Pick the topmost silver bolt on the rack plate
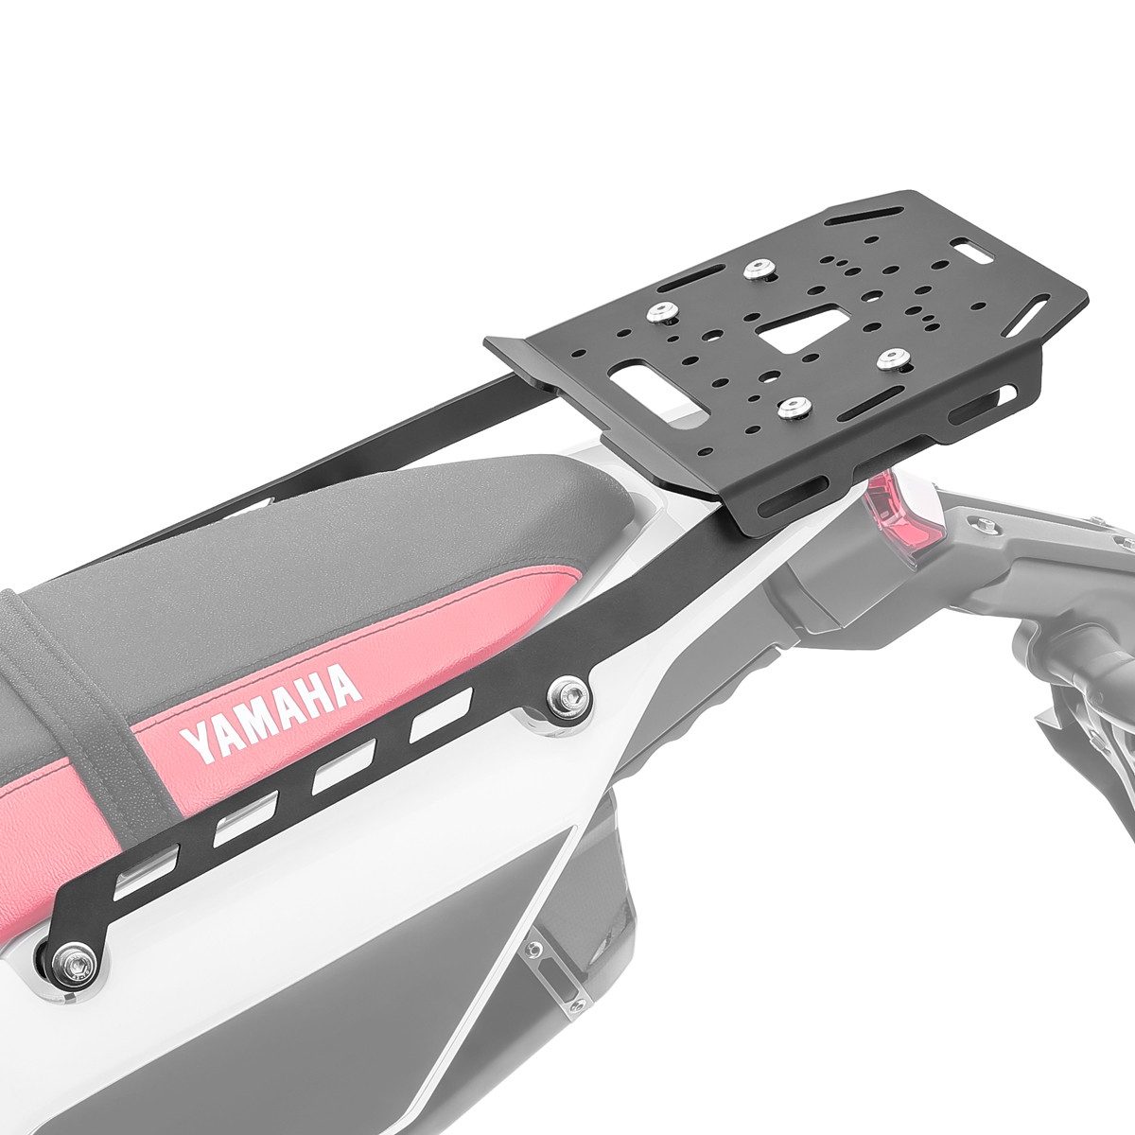(755, 270)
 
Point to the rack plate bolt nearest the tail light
(889, 359)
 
